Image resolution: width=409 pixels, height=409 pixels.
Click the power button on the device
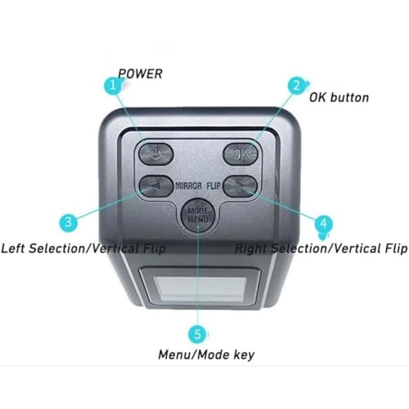156,153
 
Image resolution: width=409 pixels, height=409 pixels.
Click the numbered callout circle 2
295,85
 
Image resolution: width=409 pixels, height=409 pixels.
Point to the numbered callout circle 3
71,221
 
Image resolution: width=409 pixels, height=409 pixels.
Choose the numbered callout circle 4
324,222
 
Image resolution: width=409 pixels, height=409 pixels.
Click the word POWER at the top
140,74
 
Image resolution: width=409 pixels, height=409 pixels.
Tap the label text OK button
339,97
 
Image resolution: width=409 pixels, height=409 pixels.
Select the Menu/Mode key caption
205,354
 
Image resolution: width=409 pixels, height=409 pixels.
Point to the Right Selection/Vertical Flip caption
321,246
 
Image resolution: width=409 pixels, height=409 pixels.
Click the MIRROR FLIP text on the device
200,185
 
